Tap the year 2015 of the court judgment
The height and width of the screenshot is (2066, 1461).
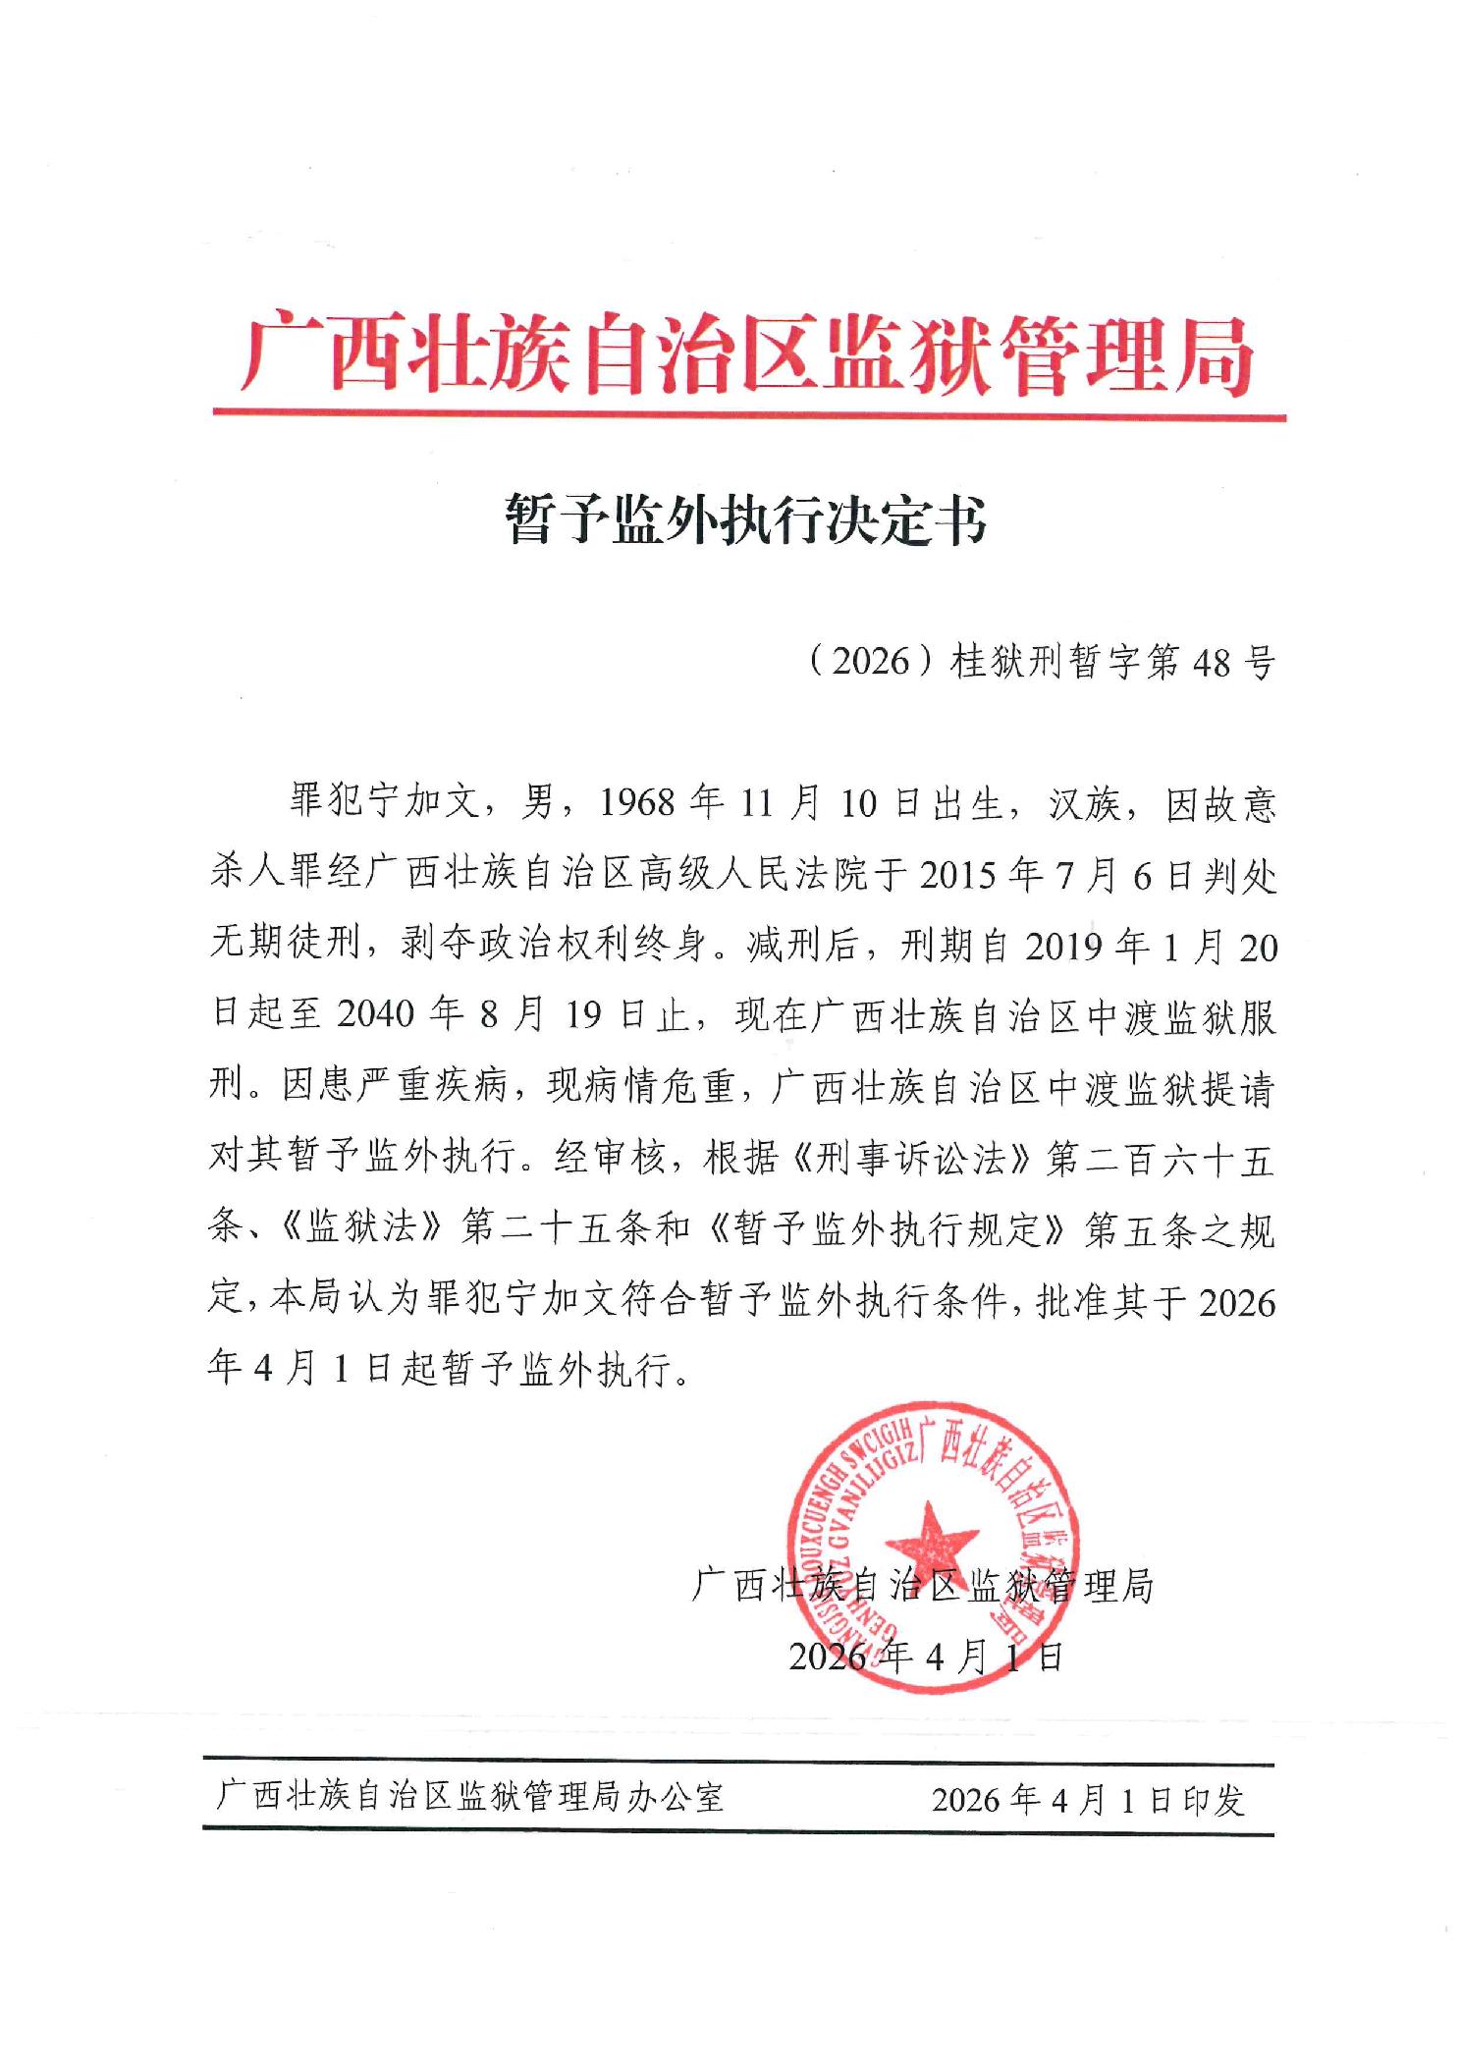(x=963, y=874)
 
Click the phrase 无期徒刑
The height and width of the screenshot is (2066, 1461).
(x=282, y=945)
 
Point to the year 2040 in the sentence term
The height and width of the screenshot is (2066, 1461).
(x=376, y=1015)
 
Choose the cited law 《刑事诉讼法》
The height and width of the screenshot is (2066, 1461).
(x=908, y=1159)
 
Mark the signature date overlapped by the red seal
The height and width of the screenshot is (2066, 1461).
(x=926, y=1658)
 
